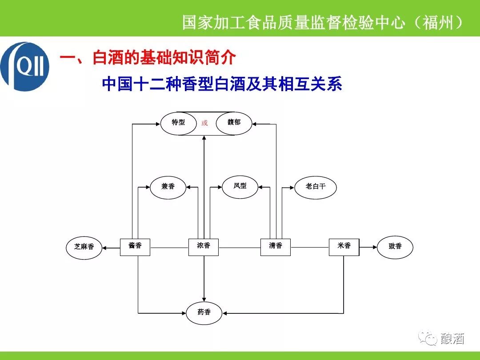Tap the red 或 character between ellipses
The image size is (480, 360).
tap(204, 123)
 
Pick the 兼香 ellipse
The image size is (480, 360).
tap(168, 187)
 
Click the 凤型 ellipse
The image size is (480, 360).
tap(240, 186)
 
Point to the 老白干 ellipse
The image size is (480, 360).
tap(316, 187)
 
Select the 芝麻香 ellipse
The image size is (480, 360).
tap(84, 247)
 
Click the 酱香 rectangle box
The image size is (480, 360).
tap(135, 247)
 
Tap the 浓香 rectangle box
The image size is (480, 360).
tap(204, 247)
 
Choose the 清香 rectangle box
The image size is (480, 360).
tap(276, 247)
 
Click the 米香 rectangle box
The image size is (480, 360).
tap(344, 247)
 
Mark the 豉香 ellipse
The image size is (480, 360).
tap(395, 247)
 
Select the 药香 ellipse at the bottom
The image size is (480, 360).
tap(204, 312)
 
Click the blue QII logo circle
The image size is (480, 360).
tap(24, 67)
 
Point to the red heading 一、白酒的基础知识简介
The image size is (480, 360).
tap(148, 58)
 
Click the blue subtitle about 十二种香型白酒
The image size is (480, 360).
tap(222, 84)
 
